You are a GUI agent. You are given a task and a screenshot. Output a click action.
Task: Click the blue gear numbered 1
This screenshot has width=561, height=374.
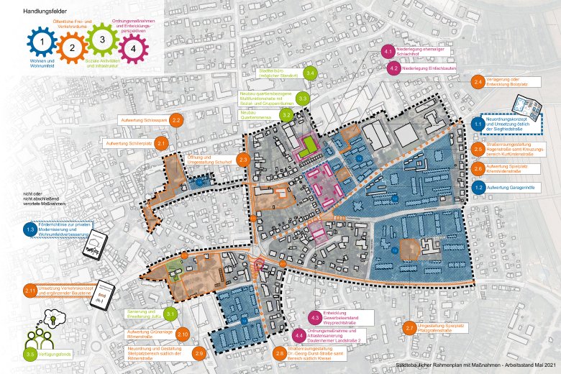[x=43, y=45]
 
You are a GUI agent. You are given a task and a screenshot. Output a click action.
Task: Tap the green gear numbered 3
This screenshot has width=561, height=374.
[x=102, y=41]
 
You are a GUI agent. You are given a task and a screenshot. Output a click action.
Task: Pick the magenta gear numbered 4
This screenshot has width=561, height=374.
[x=132, y=49]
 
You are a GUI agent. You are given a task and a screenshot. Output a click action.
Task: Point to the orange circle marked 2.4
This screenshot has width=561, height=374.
[x=478, y=83]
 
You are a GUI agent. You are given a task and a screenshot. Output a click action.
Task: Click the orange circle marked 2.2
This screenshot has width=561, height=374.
[x=176, y=121]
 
